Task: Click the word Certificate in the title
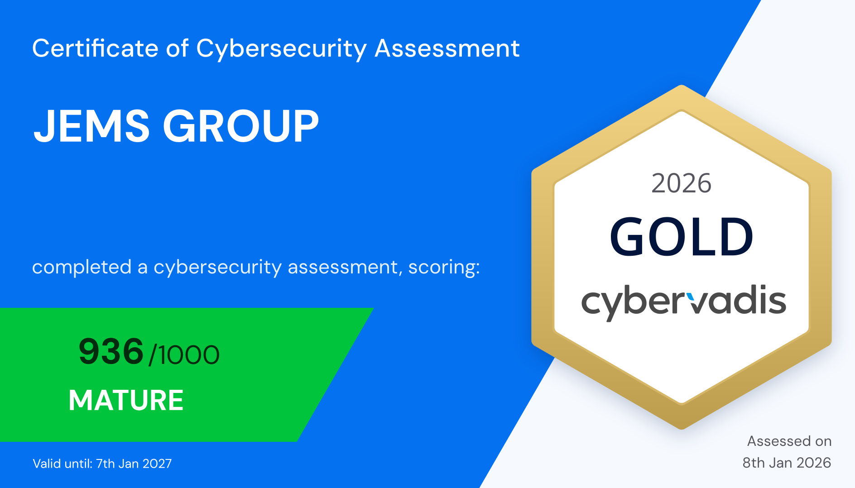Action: point(95,48)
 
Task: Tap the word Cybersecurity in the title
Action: point(281,48)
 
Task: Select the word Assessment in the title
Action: point(447,48)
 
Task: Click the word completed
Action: point(82,267)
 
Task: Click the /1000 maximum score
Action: point(184,355)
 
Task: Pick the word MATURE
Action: point(126,400)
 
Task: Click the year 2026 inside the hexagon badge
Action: point(681,183)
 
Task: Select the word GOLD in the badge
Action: point(681,236)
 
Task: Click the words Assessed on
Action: point(789,441)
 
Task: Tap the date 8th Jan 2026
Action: point(787,463)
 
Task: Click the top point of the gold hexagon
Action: point(681,87)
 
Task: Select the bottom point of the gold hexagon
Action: point(682,427)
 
